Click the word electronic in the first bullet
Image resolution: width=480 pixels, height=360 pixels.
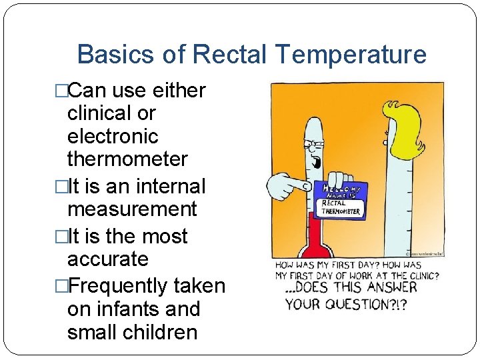[113, 137]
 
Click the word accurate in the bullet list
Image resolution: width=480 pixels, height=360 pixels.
[107, 259]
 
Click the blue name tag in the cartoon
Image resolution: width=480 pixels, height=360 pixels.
[339, 199]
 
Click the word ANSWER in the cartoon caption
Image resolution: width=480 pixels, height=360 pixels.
[395, 289]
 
